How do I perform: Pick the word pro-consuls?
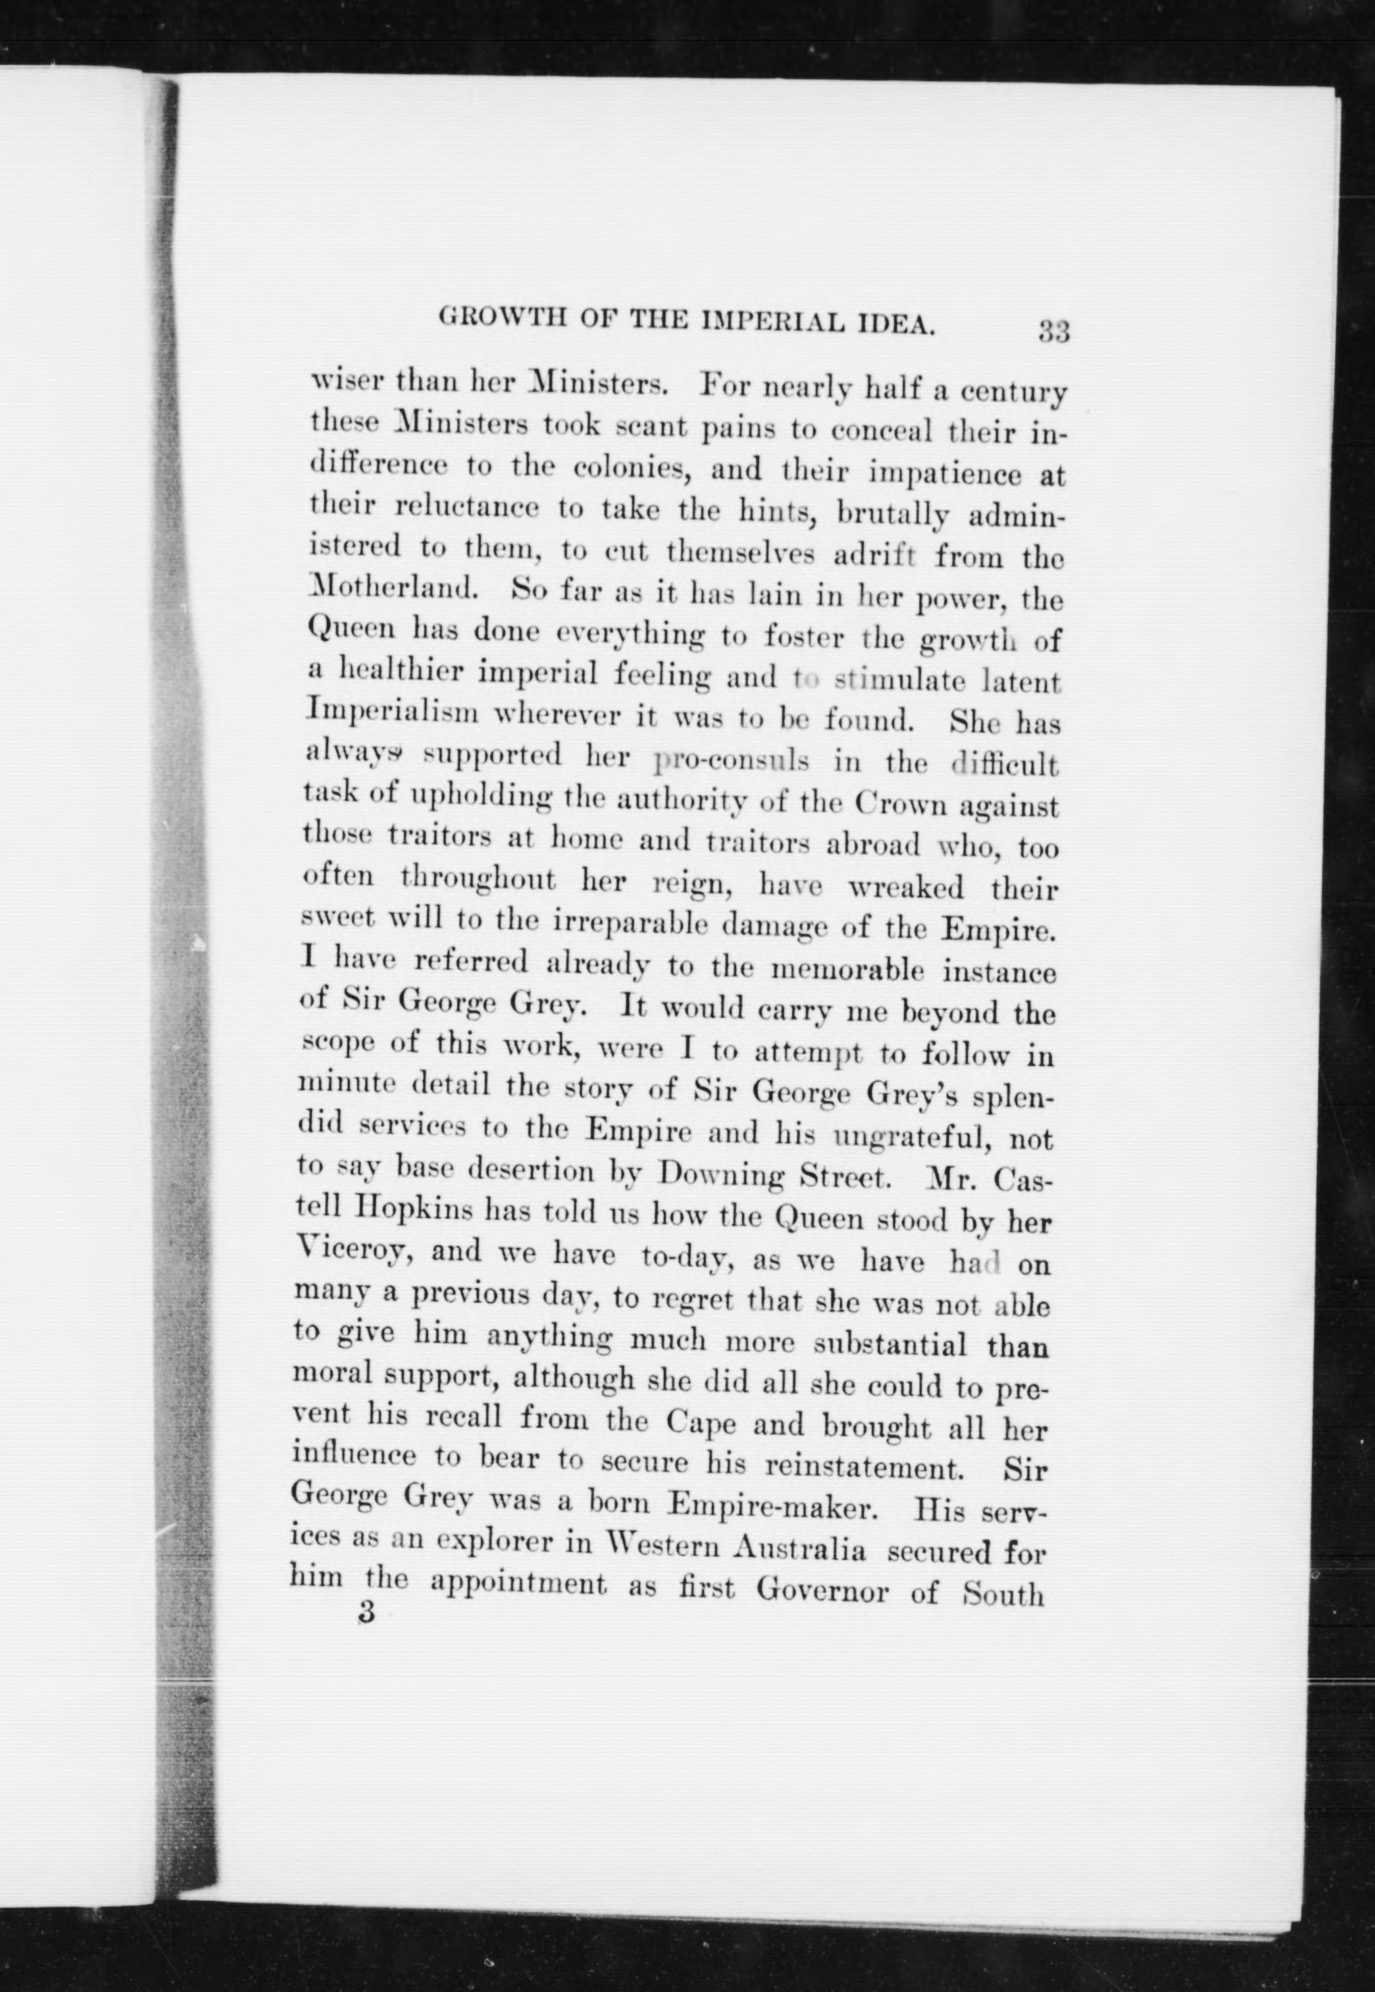pyautogui.click(x=731, y=760)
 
